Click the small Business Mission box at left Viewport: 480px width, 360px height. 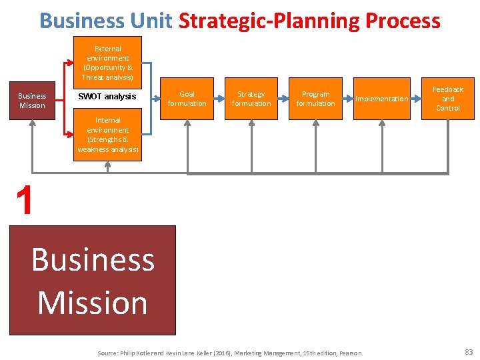[x=32, y=101]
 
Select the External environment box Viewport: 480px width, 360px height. [x=108, y=63]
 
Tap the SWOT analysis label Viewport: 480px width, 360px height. [x=107, y=97]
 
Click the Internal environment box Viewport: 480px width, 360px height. [x=108, y=135]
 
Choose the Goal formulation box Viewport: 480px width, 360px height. [x=187, y=99]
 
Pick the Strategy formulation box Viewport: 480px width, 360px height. [x=251, y=99]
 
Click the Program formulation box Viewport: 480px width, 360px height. [x=315, y=99]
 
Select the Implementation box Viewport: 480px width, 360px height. [x=381, y=99]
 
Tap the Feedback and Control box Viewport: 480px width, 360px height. [x=448, y=99]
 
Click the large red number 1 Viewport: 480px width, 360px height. [x=25, y=201]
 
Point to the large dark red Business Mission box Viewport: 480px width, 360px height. [x=93, y=280]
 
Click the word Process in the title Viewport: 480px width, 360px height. [x=403, y=21]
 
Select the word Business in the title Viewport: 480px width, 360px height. [x=81, y=21]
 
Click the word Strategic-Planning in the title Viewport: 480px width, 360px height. [x=269, y=21]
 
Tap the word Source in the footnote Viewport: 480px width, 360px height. [x=107, y=353]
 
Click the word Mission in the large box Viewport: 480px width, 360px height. [x=93, y=303]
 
